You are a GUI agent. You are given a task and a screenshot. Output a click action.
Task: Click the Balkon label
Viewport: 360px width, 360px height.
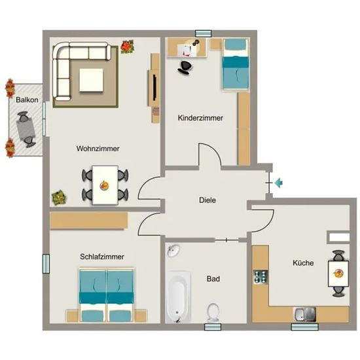coord(27,100)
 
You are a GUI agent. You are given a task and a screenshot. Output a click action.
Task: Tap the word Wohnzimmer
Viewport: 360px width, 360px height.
coord(98,149)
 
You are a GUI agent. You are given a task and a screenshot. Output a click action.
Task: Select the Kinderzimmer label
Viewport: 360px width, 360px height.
coord(200,118)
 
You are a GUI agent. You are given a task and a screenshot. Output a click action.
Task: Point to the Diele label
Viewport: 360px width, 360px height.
coord(207,200)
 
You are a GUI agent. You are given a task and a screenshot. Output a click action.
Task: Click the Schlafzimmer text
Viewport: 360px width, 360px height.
coord(102,257)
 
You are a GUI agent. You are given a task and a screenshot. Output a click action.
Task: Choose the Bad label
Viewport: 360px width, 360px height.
coord(213,279)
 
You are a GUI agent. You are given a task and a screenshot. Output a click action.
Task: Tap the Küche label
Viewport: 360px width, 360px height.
coord(303,262)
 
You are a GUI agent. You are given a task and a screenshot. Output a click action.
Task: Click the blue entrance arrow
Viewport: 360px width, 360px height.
coord(278,183)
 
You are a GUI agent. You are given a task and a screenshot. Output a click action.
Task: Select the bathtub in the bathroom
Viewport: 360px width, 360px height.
coord(179,297)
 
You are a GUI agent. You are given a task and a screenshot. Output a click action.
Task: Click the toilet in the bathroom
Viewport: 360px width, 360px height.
coord(213,313)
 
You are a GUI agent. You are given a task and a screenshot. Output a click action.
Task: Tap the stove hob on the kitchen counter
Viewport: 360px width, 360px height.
coord(261,276)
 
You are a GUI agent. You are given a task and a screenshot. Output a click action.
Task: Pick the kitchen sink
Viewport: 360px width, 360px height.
coord(304,314)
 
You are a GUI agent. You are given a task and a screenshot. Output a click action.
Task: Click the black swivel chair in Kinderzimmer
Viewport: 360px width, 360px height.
coord(185,67)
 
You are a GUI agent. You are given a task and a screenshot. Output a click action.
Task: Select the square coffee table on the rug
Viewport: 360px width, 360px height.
coord(91,80)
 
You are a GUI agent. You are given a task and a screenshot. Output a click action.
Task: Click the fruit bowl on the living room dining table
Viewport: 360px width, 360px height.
coord(105,185)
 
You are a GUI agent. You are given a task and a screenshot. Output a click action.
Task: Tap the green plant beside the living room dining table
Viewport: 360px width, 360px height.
coord(59,197)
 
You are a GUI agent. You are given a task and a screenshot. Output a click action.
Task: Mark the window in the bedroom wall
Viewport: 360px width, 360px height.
coord(46,264)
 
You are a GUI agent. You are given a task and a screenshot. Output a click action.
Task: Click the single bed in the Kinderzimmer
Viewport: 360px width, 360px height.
coord(236,65)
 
